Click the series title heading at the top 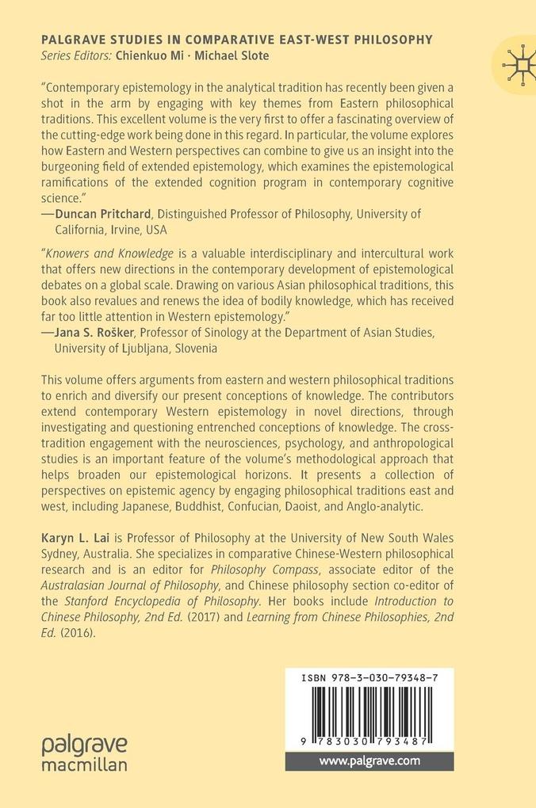click(x=236, y=39)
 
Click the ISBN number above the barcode click(x=369, y=678)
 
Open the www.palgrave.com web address click(x=369, y=761)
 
